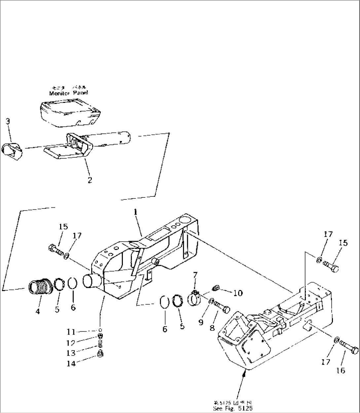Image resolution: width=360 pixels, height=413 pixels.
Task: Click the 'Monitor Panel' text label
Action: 69,93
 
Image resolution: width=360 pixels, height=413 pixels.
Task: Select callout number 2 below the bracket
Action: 90,180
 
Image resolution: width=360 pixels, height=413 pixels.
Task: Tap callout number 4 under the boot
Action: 38,311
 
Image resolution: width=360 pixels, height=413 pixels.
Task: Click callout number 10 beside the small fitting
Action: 238,293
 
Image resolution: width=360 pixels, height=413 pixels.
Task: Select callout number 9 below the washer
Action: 201,322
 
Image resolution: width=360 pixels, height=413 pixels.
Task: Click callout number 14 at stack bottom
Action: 71,363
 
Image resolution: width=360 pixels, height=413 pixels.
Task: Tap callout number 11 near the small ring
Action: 71,331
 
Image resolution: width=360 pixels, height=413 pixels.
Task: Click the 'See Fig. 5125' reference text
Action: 234,408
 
